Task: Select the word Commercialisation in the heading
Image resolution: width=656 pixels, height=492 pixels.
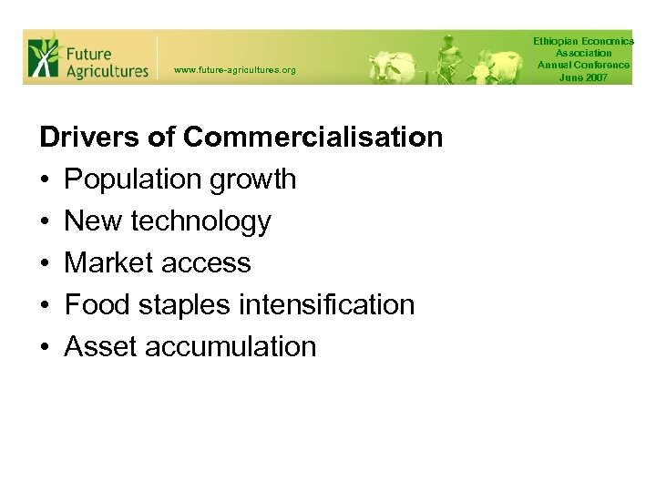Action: [313, 138]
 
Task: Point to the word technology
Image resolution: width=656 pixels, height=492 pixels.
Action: [201, 221]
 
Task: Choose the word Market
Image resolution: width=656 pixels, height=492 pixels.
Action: [108, 262]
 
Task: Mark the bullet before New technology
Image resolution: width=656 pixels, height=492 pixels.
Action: [45, 221]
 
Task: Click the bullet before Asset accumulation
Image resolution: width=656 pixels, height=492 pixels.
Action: [45, 346]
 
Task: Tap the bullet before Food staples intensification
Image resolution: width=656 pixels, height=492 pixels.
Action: [45, 304]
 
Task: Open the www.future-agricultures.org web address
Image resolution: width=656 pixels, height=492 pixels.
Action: [234, 70]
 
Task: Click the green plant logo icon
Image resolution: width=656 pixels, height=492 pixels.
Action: [42, 56]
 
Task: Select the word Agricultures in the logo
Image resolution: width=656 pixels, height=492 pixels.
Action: [107, 70]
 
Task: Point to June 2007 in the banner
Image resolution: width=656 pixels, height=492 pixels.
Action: [583, 77]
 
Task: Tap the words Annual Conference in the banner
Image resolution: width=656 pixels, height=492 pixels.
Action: [583, 66]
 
